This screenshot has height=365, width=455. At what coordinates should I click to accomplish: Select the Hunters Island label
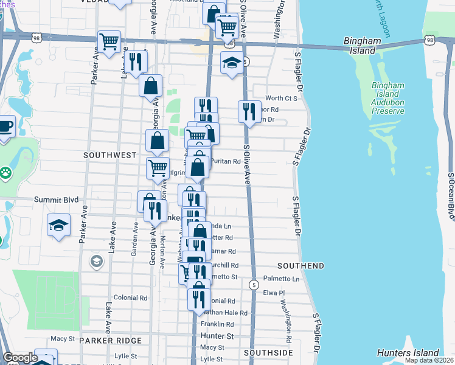(x=408, y=353)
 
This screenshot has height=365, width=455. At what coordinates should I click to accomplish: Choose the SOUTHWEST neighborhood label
(x=109, y=155)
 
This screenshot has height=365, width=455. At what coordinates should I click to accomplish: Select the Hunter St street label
(x=217, y=336)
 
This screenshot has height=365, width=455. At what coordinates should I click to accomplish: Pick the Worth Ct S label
(x=280, y=98)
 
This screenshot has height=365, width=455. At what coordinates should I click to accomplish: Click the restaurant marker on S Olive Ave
(x=249, y=111)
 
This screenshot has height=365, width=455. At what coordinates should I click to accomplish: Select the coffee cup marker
(x=5, y=126)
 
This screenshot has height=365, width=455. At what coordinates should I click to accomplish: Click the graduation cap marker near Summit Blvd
(x=59, y=225)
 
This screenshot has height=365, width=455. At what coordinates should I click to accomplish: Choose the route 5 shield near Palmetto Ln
(x=254, y=285)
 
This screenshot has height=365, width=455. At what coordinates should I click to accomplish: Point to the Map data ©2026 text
(x=429, y=361)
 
